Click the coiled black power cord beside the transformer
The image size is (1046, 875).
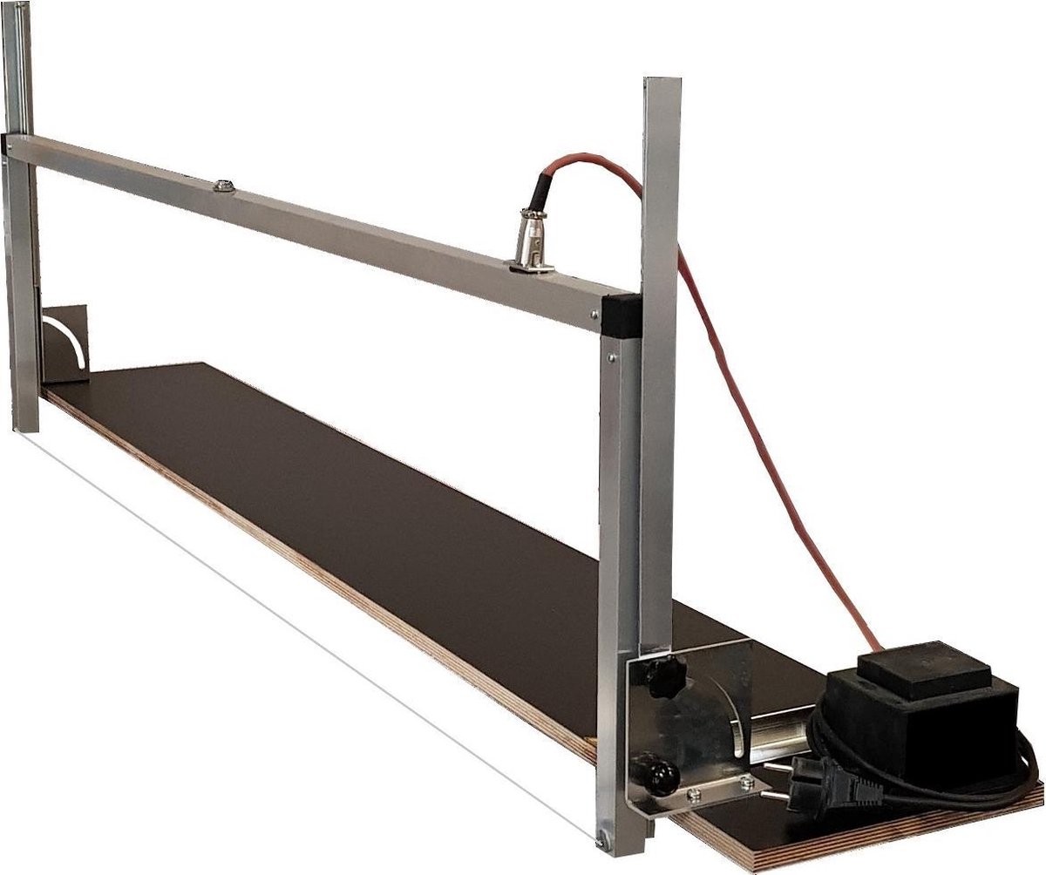(915, 776)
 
